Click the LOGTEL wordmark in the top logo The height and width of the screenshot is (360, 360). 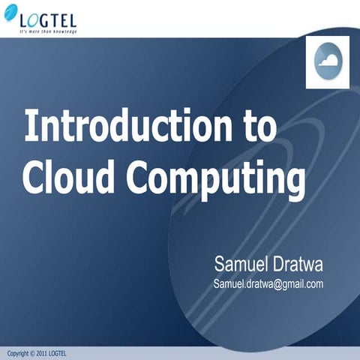[x=48, y=19]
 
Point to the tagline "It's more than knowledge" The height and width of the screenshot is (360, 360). [x=49, y=31]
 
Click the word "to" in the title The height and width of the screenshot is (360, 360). [x=259, y=126]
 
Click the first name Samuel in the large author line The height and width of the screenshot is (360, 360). [x=241, y=264]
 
